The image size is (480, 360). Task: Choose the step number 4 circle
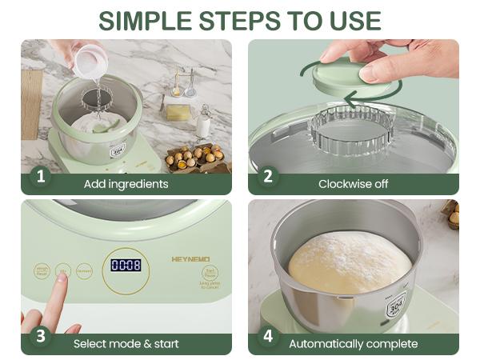pyautogui.click(x=267, y=337)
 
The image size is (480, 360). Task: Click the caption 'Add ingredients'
pyautogui.click(x=126, y=184)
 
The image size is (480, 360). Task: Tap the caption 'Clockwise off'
pyautogui.click(x=353, y=184)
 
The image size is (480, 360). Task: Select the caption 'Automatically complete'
pyautogui.click(x=353, y=344)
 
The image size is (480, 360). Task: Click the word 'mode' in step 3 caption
pyautogui.click(x=131, y=344)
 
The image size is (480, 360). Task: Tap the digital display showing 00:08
pyautogui.click(x=126, y=265)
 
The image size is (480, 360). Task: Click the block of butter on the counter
pyautogui.click(x=178, y=112)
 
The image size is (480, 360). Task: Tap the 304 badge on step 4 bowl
pyautogui.click(x=397, y=306)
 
